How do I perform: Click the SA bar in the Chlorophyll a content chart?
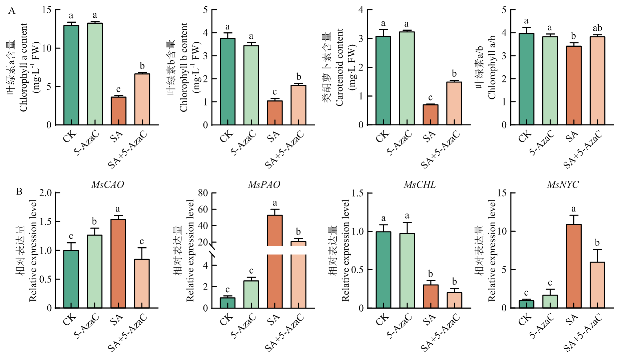[118, 111]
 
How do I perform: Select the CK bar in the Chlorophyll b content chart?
[227, 82]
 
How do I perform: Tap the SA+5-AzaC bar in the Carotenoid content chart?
[454, 103]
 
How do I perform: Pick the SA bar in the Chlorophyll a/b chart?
[573, 85]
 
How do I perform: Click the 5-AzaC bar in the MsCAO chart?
[95, 271]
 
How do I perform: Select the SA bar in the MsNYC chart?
[573, 266]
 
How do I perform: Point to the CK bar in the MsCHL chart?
[384, 270]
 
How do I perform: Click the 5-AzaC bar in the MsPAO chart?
[251, 294]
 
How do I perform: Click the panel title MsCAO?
[107, 185]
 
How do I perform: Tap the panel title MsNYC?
[563, 185]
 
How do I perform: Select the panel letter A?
[12, 11]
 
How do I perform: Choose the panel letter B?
[19, 192]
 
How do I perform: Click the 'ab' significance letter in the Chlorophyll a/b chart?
[597, 28]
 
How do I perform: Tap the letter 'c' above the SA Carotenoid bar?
[430, 97]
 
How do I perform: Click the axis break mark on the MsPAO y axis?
[213, 251]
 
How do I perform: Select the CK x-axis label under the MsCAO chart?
[70, 320]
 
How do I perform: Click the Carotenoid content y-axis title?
[339, 67]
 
